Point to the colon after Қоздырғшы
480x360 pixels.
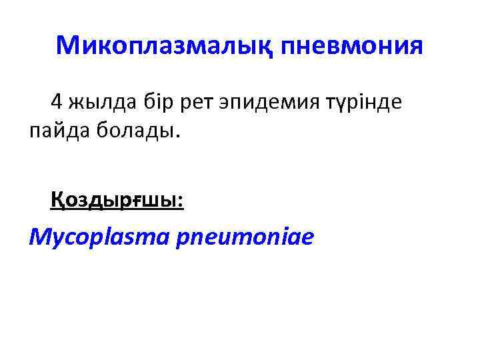[x=181, y=200]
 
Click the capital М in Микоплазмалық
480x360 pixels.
[x=67, y=45]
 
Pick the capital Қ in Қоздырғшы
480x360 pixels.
[x=58, y=199]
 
